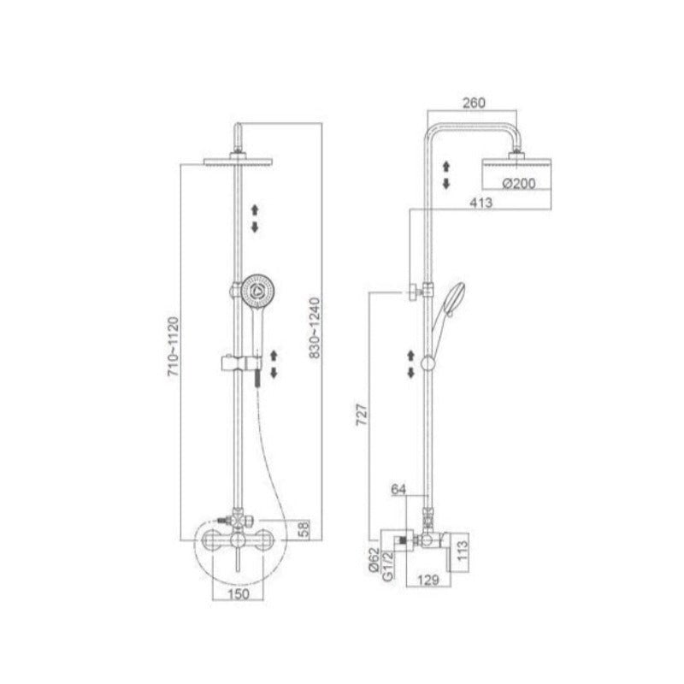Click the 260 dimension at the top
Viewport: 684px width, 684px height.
click(474, 103)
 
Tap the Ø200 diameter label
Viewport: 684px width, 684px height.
click(519, 184)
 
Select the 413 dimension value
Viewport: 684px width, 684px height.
click(481, 203)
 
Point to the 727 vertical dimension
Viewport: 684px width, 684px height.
click(362, 415)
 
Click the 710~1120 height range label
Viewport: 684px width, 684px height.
click(174, 347)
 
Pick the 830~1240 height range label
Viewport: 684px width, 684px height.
click(315, 327)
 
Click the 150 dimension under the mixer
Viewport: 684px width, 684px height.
click(239, 593)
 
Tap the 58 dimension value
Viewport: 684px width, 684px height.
click(304, 528)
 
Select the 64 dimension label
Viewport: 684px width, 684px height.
click(398, 489)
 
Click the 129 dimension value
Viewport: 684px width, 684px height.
click(428, 580)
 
